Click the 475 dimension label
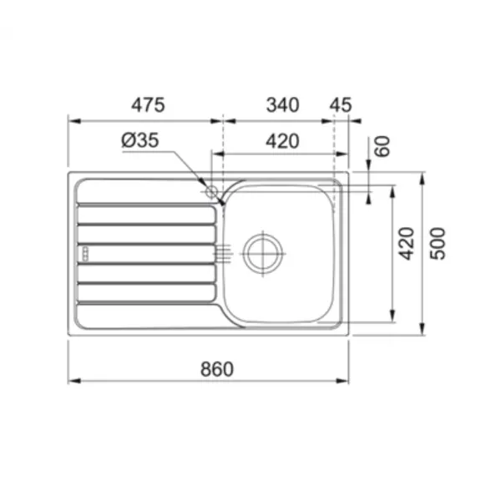[x=148, y=104]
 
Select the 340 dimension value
[x=283, y=105]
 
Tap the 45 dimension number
[x=341, y=105]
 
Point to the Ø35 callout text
[x=140, y=140]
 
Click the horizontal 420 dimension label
[x=283, y=141]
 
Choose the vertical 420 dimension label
[x=407, y=244]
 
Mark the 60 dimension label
[x=382, y=146]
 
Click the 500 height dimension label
[x=438, y=244]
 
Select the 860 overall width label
[x=217, y=369]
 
